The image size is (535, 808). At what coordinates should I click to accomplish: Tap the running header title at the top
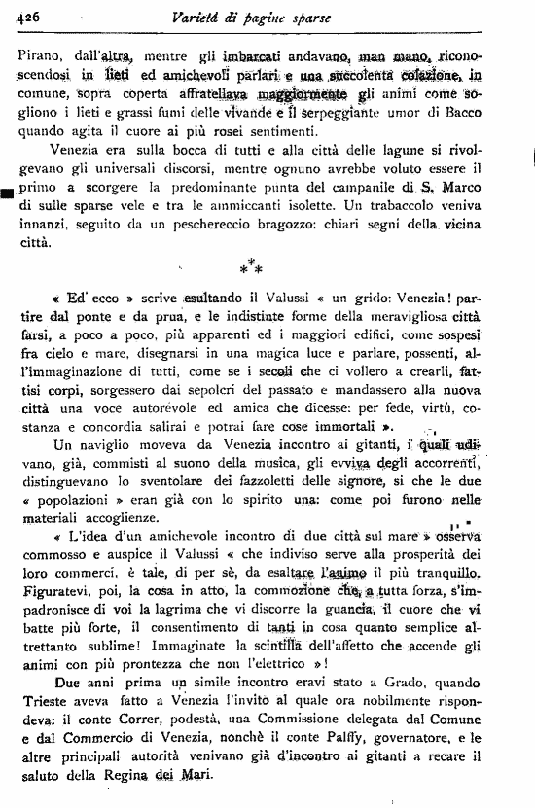(x=266, y=17)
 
